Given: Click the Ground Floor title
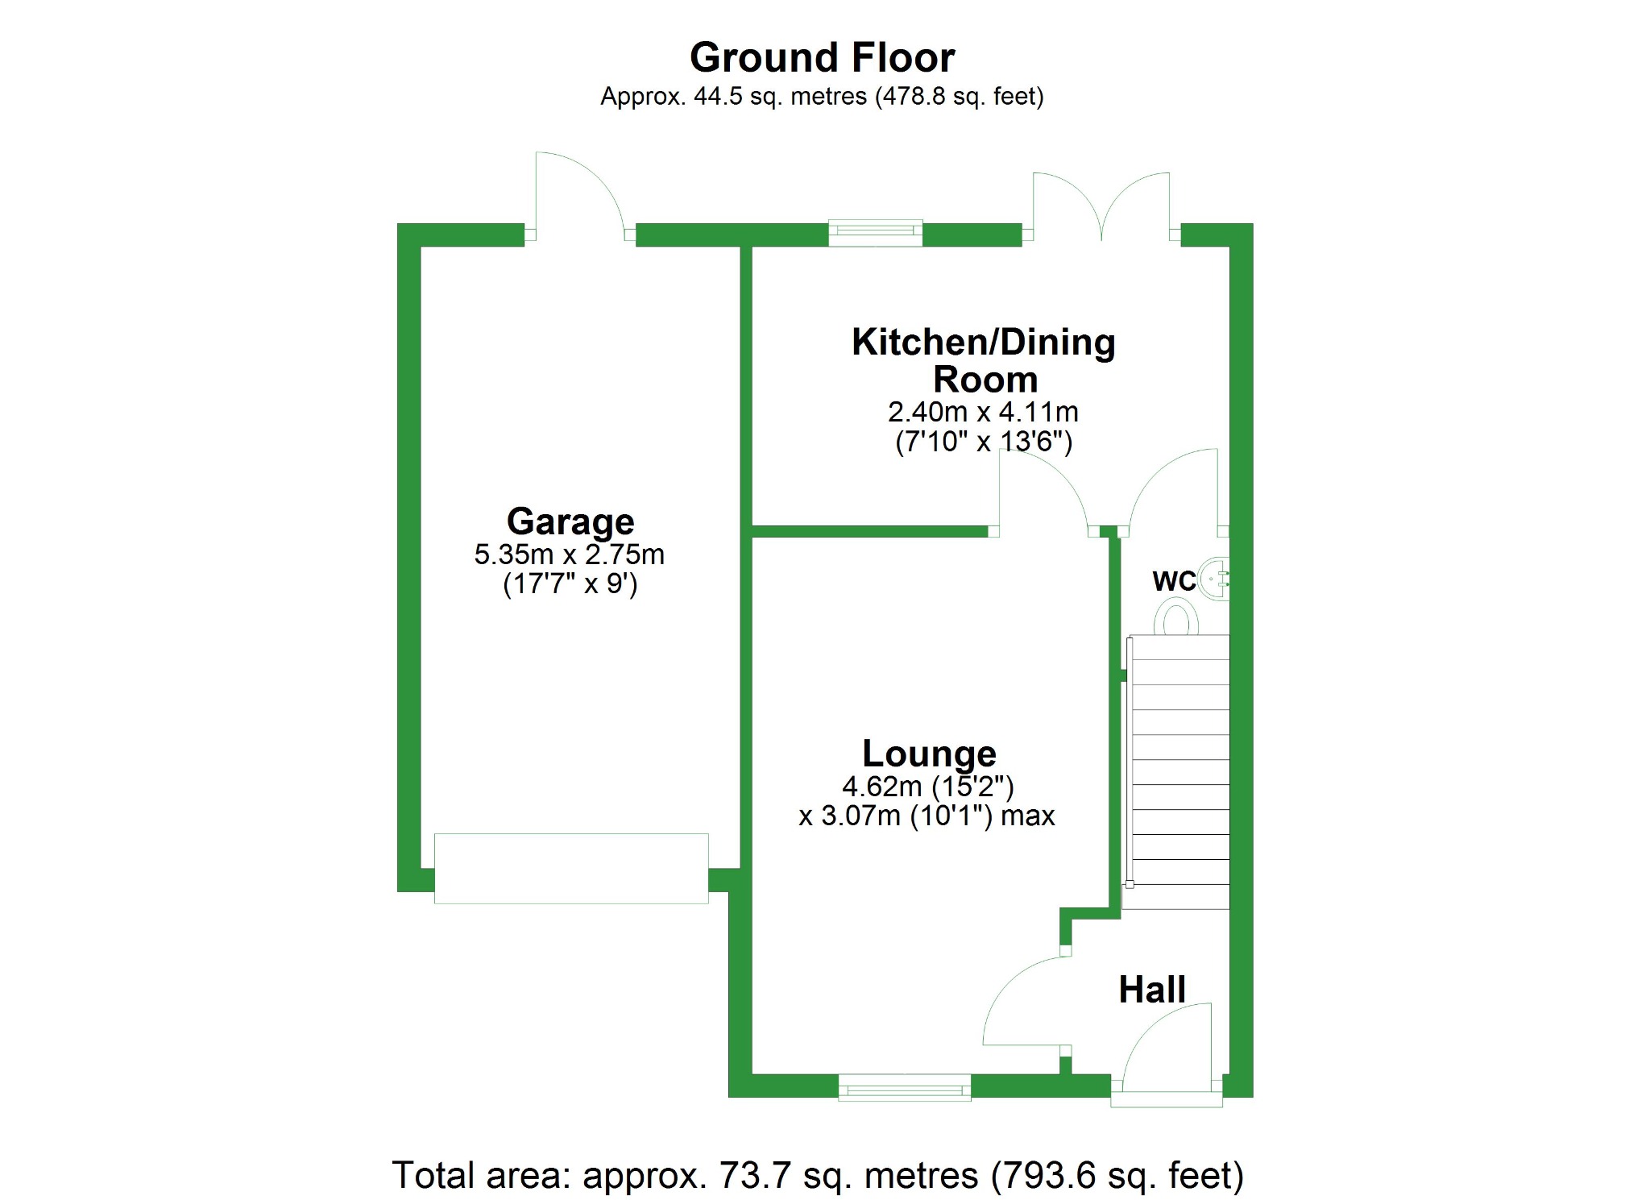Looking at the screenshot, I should (822, 58).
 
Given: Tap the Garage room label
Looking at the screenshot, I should (570, 521).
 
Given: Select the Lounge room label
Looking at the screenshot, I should (929, 754).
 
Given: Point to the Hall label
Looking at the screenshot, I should (1152, 990).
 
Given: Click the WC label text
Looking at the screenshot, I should (1174, 581).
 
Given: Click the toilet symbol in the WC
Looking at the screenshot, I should (1175, 620).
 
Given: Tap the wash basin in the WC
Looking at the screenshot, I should (1215, 579).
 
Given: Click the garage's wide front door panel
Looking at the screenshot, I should (571, 868).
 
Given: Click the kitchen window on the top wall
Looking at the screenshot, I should (876, 233).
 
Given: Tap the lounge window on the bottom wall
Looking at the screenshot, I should (905, 1087).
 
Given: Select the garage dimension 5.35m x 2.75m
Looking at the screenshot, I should (569, 554).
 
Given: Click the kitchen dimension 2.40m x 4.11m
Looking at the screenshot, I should (983, 412).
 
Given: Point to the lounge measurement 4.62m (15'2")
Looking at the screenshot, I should (927, 786).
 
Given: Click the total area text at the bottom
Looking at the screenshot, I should (818, 1175).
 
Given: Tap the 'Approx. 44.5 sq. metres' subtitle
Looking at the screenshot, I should (822, 97).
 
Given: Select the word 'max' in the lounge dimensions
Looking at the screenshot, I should (1027, 816).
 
